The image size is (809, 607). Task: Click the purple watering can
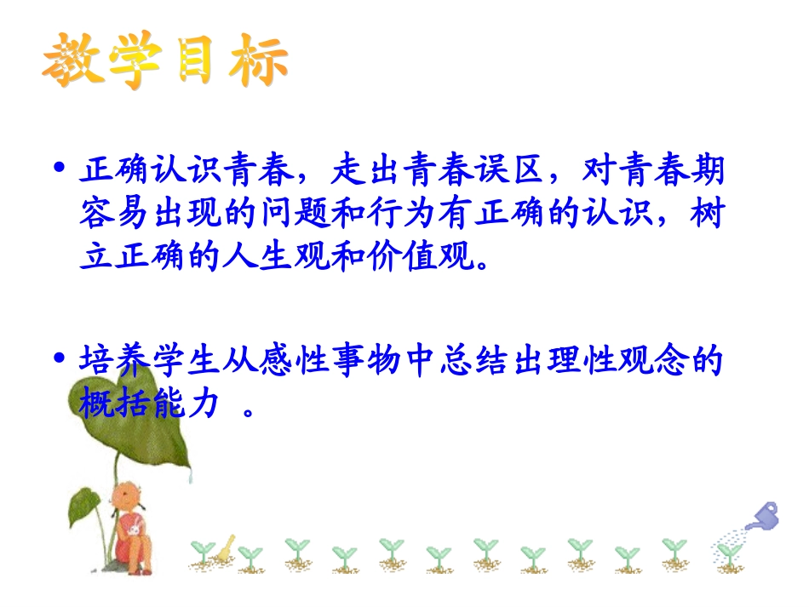pyautogui.click(x=763, y=516)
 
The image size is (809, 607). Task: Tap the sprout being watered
pyautogui.click(x=726, y=553)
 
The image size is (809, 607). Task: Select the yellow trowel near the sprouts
pyautogui.click(x=223, y=550)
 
